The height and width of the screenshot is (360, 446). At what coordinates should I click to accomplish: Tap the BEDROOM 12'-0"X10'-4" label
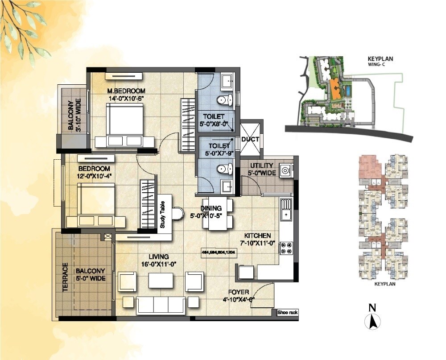click(x=94, y=172)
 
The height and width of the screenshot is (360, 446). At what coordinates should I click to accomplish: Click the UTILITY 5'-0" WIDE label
click(x=262, y=170)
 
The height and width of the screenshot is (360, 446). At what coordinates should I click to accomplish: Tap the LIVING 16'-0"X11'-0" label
click(x=159, y=260)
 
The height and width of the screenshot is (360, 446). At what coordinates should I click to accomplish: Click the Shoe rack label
click(x=287, y=312)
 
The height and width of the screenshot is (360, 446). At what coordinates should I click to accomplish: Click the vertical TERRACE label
click(x=65, y=277)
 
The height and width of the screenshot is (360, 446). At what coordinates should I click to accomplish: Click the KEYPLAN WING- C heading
click(x=380, y=61)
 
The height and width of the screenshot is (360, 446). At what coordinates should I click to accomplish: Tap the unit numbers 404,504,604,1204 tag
click(x=219, y=252)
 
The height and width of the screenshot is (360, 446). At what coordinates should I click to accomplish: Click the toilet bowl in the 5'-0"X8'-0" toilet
click(x=222, y=99)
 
